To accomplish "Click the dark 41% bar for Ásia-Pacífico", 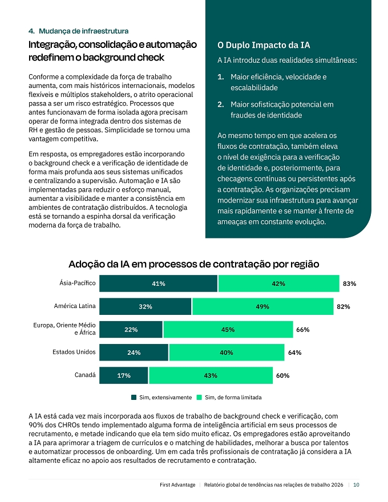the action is coord(158,284).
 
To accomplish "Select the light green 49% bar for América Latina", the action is coord(263,306).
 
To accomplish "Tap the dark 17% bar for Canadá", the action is coord(124,375).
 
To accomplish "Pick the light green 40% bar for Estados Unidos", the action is coord(227,353).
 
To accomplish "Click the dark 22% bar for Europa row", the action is coord(131,330).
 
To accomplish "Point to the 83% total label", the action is coord(350,284).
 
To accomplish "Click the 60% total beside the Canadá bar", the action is coord(282,375).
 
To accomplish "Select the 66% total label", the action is coord(303,330).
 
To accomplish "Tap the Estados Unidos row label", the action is coord(74,352).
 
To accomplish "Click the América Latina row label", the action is coord(75,306).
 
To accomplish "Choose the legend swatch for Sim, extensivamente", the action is coord(134,397).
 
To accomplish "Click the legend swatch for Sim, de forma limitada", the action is coord(199,397).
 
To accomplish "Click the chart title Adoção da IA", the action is coord(193,264).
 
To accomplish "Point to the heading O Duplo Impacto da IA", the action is coord(264,45).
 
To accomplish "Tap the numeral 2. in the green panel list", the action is coord(221,104).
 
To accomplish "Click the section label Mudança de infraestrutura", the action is coord(83,31).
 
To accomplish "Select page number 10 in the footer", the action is coord(356,485).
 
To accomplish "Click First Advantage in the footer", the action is coord(177,485).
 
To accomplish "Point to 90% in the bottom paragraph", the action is coord(35,425).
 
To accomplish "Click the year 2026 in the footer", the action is coord(337,485).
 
